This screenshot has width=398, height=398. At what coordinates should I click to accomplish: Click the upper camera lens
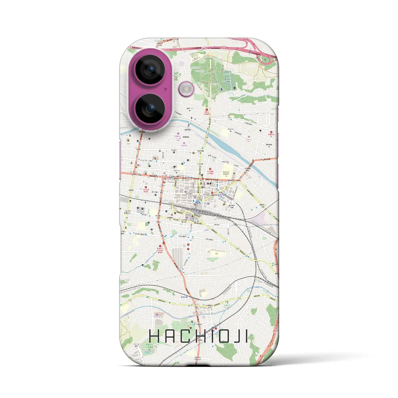pos(150,69)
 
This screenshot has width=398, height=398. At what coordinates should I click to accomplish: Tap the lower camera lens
pos(150,109)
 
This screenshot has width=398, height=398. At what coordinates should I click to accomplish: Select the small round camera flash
pos(186,89)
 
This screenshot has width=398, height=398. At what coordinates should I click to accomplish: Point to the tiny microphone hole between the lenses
pos(165,89)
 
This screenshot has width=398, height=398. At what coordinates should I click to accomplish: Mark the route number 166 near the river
pos(207,137)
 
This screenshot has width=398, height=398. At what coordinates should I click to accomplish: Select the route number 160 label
pos(238,249)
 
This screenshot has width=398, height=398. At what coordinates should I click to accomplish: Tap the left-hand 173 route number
pos(130,301)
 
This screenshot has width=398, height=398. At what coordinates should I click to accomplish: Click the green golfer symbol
pos(227,302)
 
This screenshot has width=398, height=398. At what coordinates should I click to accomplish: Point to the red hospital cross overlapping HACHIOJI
pos(216,328)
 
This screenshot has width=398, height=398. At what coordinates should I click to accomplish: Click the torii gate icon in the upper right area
pos(259,131)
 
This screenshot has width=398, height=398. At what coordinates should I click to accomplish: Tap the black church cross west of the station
pos(145,202)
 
